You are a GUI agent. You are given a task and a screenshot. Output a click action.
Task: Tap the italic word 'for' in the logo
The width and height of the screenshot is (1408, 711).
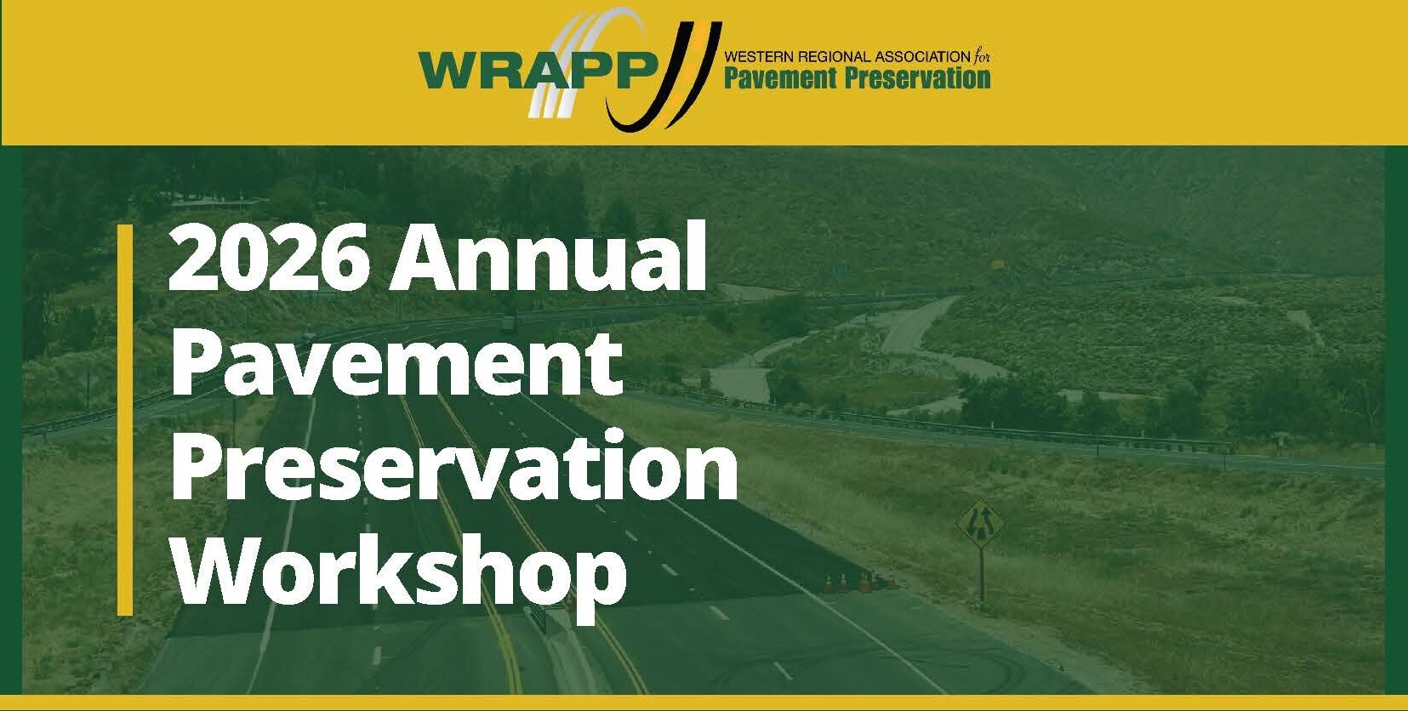click(x=982, y=56)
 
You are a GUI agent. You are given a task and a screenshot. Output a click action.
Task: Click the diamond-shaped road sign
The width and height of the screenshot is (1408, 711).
click(x=981, y=522)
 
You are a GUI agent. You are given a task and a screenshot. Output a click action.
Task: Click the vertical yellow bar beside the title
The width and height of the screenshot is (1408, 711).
click(x=125, y=419)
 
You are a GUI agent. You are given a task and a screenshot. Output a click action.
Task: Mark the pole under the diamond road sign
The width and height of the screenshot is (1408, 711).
click(x=982, y=575)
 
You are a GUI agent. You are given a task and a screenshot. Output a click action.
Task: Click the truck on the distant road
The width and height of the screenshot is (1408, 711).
click(x=508, y=323)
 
